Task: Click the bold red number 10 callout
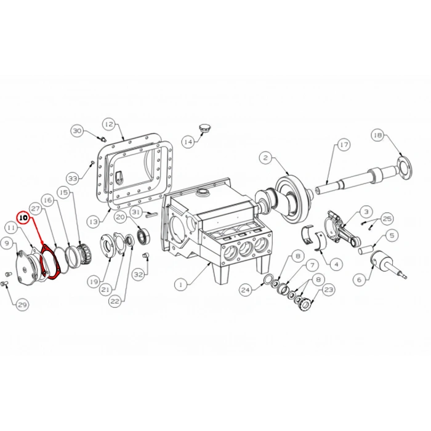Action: point(23,217)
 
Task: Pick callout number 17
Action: point(344,145)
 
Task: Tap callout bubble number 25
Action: point(387,219)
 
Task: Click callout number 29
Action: point(22,304)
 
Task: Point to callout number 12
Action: point(109,124)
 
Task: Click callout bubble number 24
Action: point(246,289)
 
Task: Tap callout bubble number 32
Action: point(139,275)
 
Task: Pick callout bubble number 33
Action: point(73,179)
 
